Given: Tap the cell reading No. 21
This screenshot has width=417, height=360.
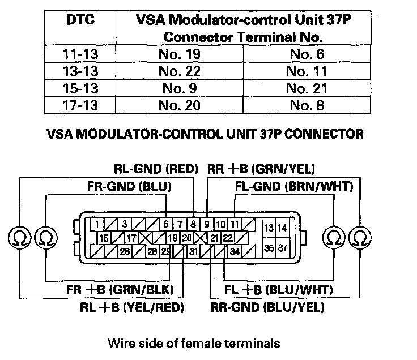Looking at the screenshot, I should point(305,88).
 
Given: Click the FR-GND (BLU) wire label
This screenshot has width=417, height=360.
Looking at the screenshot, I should point(129,186).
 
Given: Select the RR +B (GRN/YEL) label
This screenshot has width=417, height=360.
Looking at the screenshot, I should point(261,169).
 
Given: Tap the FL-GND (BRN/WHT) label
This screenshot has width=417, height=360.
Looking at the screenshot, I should point(294,186).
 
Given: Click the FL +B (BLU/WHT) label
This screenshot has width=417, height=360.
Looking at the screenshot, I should point(279,290).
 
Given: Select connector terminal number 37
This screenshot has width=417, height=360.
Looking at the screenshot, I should point(283,248).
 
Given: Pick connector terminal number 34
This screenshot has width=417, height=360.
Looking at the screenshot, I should point(233,251).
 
